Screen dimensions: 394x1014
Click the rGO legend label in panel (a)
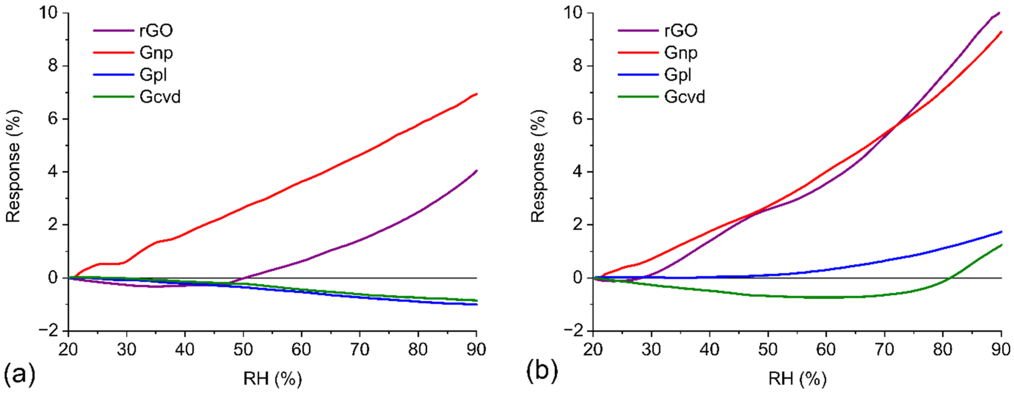(x=156, y=30)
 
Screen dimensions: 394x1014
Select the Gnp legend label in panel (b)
(x=680, y=52)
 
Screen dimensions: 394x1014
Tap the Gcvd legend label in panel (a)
(x=160, y=97)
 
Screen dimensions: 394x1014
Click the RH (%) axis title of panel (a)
(x=272, y=379)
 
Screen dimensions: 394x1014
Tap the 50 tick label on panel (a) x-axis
(x=243, y=349)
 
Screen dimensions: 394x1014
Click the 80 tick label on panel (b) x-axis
(x=942, y=349)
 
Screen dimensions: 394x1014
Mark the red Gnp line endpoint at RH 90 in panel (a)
(x=477, y=94)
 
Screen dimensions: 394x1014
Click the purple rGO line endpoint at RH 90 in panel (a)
(x=477, y=171)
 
